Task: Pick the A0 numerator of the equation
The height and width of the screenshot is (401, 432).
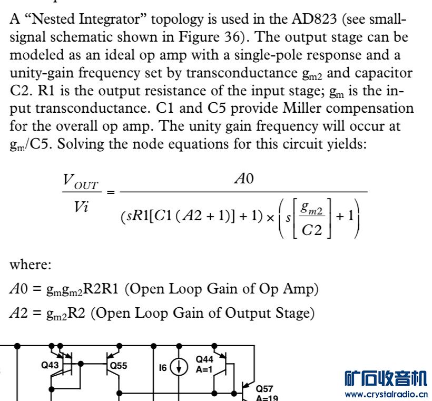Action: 244,180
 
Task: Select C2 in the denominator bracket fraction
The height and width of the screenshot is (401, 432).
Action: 312,230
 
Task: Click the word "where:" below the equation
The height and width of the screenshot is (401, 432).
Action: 31,265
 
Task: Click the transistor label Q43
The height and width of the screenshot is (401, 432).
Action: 51,364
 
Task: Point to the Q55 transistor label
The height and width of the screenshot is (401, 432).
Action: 117,364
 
